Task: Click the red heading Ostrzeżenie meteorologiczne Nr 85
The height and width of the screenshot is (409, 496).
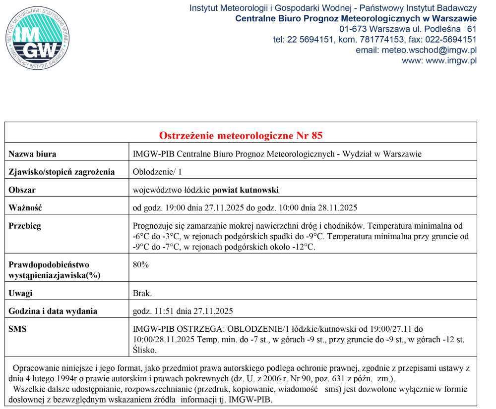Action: pos(241,136)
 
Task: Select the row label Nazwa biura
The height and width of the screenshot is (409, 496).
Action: pos(33,154)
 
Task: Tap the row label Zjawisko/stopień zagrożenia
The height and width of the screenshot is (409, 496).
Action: pos(62,172)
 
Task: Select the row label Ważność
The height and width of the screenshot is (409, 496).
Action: pos(25,207)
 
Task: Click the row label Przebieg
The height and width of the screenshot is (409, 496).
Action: pos(25,226)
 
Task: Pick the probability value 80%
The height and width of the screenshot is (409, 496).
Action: pos(141,264)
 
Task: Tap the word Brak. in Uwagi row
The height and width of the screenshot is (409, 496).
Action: pos(142,293)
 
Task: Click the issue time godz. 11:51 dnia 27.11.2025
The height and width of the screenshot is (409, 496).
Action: pos(183,311)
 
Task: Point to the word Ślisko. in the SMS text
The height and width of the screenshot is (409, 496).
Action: pos(145,350)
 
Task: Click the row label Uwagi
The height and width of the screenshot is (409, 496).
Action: pos(20,293)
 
